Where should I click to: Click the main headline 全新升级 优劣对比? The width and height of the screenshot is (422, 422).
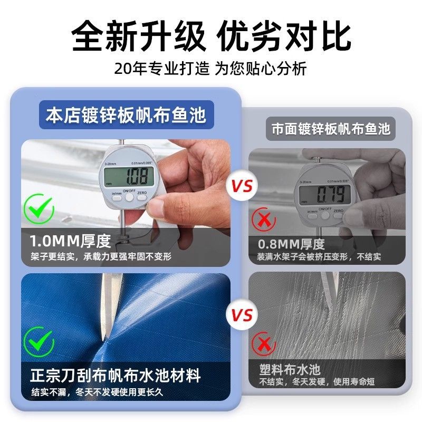click(212, 36)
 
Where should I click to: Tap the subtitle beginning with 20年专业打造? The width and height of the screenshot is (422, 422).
click(210, 69)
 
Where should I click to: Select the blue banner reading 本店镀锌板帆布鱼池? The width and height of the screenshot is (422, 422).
click(127, 115)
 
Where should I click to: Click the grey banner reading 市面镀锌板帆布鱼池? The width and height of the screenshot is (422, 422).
click(331, 129)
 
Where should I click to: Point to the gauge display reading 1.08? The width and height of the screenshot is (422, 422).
click(129, 177)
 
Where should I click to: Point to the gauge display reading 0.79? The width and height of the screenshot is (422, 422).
click(325, 194)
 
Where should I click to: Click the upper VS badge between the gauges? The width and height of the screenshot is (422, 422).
click(242, 186)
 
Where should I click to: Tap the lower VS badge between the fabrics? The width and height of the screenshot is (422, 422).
click(242, 314)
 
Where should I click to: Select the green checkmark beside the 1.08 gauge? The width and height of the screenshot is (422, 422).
click(39, 208)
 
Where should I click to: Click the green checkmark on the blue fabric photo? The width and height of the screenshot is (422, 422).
click(39, 342)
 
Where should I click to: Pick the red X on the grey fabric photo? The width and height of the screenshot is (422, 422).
click(264, 344)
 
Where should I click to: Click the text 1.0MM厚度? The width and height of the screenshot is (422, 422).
click(70, 241)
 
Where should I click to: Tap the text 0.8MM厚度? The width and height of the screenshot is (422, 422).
click(291, 244)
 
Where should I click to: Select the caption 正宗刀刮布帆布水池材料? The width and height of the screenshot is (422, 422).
click(116, 375)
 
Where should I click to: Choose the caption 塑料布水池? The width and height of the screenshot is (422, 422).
click(290, 370)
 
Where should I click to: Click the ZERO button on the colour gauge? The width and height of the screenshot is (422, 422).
click(142, 197)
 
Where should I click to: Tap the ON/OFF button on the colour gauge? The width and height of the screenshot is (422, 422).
click(129, 197)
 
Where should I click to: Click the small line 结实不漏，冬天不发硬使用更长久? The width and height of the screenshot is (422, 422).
click(97, 392)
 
